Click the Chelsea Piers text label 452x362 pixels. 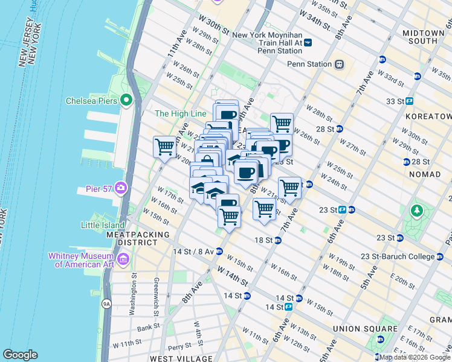point(91,100)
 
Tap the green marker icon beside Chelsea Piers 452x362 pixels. point(127,100)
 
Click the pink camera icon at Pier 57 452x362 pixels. point(121,189)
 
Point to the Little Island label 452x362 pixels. point(103,225)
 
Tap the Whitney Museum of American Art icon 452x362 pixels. point(124,260)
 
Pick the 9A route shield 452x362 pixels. point(106,304)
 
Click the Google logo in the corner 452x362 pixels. point(20,355)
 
